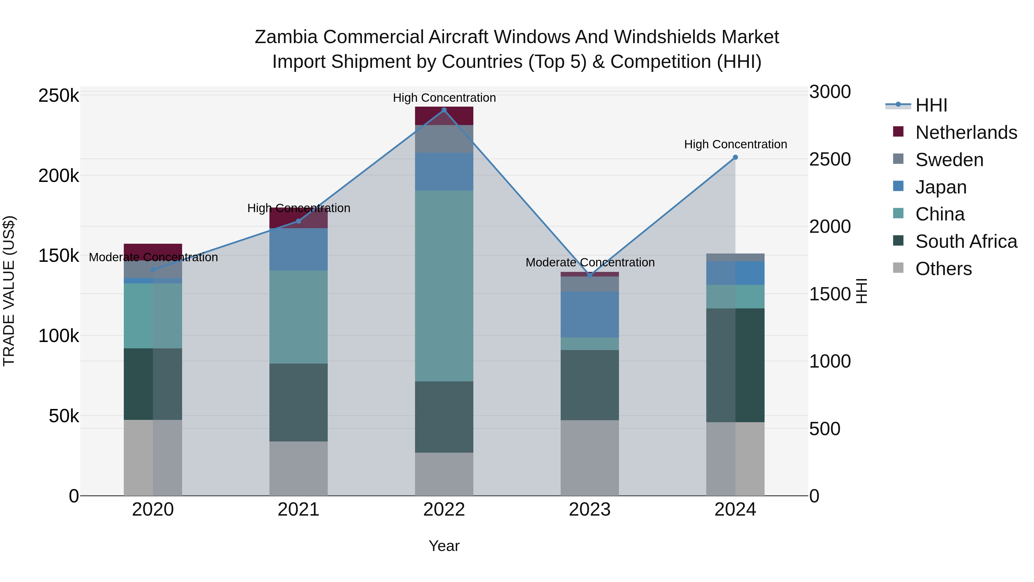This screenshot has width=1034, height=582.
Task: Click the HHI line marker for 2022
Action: (444, 110)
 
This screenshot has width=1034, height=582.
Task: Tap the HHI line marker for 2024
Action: (735, 157)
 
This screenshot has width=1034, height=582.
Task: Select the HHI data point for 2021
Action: (298, 221)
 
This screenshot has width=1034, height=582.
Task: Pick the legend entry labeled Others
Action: (943, 269)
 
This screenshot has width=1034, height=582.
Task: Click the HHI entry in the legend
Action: (931, 105)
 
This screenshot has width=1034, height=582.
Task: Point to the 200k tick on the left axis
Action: (59, 176)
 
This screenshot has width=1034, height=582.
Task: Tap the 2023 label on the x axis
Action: (590, 510)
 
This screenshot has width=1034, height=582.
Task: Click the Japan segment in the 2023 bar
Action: (590, 314)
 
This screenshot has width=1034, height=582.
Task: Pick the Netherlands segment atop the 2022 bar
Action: (444, 116)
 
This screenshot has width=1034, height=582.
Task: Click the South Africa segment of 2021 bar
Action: (298, 402)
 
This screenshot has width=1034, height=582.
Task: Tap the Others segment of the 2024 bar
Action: (735, 459)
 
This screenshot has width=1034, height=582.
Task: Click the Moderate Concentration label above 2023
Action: (590, 262)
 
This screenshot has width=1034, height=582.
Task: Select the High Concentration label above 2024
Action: (735, 144)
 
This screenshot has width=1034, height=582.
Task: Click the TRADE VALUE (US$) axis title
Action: (9, 291)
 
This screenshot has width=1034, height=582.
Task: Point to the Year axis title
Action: (444, 546)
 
